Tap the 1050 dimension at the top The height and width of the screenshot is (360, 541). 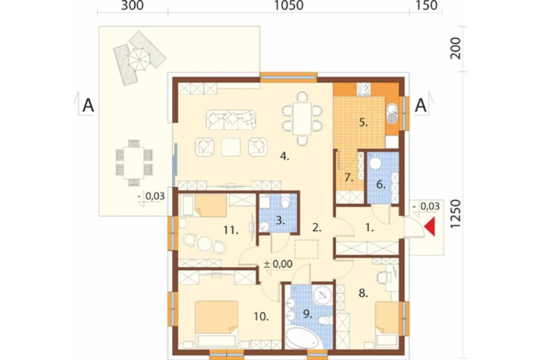[x=288, y=5]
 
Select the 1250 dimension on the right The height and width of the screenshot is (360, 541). [x=456, y=214]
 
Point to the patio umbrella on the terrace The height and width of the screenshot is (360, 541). [x=140, y=58]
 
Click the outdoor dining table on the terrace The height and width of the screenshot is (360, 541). [x=134, y=162]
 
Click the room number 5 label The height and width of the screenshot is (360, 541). [x=364, y=122]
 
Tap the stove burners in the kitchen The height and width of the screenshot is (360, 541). [x=364, y=89]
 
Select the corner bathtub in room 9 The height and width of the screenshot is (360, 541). [x=303, y=338]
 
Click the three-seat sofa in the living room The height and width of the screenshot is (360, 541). [x=231, y=120]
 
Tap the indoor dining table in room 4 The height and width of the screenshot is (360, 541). [x=302, y=118]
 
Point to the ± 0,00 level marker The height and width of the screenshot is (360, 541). [x=278, y=264]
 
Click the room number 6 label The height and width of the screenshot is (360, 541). [x=380, y=185]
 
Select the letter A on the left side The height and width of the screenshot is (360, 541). [x=88, y=105]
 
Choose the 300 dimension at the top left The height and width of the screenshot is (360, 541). [x=133, y=5]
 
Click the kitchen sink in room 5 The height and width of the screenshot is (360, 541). [x=392, y=114]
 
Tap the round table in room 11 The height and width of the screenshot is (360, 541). [x=204, y=244]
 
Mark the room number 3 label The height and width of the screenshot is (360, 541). [x=280, y=221]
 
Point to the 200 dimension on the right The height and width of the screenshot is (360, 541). [x=456, y=48]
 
